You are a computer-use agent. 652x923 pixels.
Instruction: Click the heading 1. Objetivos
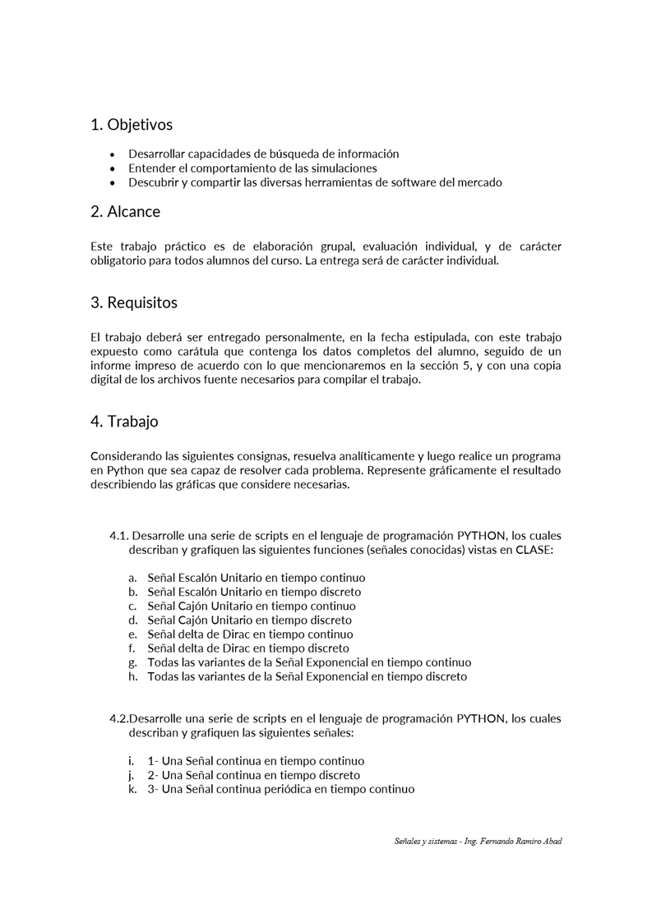(x=132, y=125)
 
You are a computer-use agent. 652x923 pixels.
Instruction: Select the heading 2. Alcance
(x=125, y=211)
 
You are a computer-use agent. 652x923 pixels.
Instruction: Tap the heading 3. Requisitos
(x=134, y=302)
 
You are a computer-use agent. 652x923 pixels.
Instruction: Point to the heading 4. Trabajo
(x=124, y=422)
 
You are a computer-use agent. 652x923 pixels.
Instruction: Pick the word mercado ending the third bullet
(x=474, y=182)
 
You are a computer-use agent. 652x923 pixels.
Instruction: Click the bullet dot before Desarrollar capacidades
(x=113, y=155)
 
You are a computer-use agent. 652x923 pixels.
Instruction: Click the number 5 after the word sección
(x=466, y=365)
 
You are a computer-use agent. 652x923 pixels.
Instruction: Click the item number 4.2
(x=118, y=718)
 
